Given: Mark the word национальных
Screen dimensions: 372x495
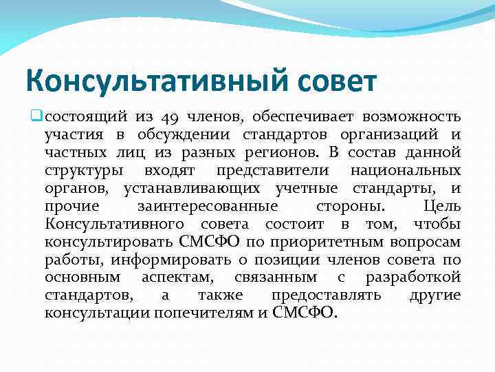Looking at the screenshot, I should pyautogui.click(x=405, y=170).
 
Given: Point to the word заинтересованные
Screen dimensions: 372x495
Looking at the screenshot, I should pyautogui.click(x=208, y=206).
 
